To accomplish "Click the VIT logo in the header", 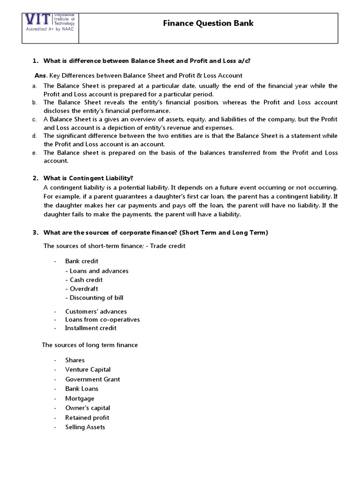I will [x=51, y=22].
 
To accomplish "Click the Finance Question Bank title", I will [x=208, y=23].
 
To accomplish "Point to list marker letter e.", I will [x=34, y=153].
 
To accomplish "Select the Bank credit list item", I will [x=82, y=261].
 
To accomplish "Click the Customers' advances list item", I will [x=96, y=311].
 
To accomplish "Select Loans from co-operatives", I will [x=102, y=320].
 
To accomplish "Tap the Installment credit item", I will [x=90, y=328].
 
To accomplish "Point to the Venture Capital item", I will [x=88, y=370].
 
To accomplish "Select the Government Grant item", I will [x=92, y=379].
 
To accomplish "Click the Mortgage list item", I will [x=80, y=398].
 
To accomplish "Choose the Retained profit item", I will [x=87, y=418].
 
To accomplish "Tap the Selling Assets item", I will [x=85, y=427].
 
